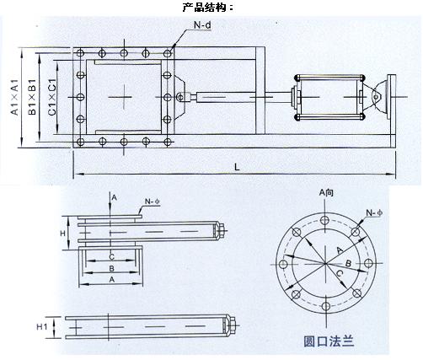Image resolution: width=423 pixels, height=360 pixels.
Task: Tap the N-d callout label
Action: [x=202, y=25]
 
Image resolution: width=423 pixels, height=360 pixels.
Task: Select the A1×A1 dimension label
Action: [x=14, y=97]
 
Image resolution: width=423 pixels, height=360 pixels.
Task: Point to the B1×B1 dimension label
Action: [x=32, y=97]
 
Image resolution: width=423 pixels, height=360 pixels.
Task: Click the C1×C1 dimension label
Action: [x=52, y=97]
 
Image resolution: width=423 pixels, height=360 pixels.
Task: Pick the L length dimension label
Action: [x=237, y=167]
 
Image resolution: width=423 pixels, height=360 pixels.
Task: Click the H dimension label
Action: [x=62, y=233]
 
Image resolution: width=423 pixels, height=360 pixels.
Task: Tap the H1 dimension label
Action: [x=42, y=326]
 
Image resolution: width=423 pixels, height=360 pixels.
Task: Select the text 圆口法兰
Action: [x=329, y=341]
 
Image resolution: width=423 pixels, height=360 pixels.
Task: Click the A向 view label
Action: [x=326, y=193]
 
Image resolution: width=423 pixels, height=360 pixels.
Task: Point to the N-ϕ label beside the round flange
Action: [x=374, y=213]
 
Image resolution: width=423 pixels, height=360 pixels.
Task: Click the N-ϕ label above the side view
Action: [x=153, y=201]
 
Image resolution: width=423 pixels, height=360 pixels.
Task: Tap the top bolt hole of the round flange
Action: [x=325, y=220]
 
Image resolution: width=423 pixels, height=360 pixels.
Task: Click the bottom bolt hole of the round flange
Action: [x=325, y=306]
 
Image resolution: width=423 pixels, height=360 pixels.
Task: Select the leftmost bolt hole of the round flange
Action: [x=283, y=264]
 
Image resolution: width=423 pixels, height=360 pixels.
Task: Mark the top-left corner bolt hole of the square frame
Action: [x=80, y=53]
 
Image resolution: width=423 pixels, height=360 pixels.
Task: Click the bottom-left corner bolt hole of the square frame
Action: [x=80, y=142]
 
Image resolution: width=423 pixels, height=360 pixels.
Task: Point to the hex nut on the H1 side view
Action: [x=232, y=326]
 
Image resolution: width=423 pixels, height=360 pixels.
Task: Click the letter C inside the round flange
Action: [x=340, y=273]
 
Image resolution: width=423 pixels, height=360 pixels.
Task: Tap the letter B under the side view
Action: [x=111, y=269]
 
